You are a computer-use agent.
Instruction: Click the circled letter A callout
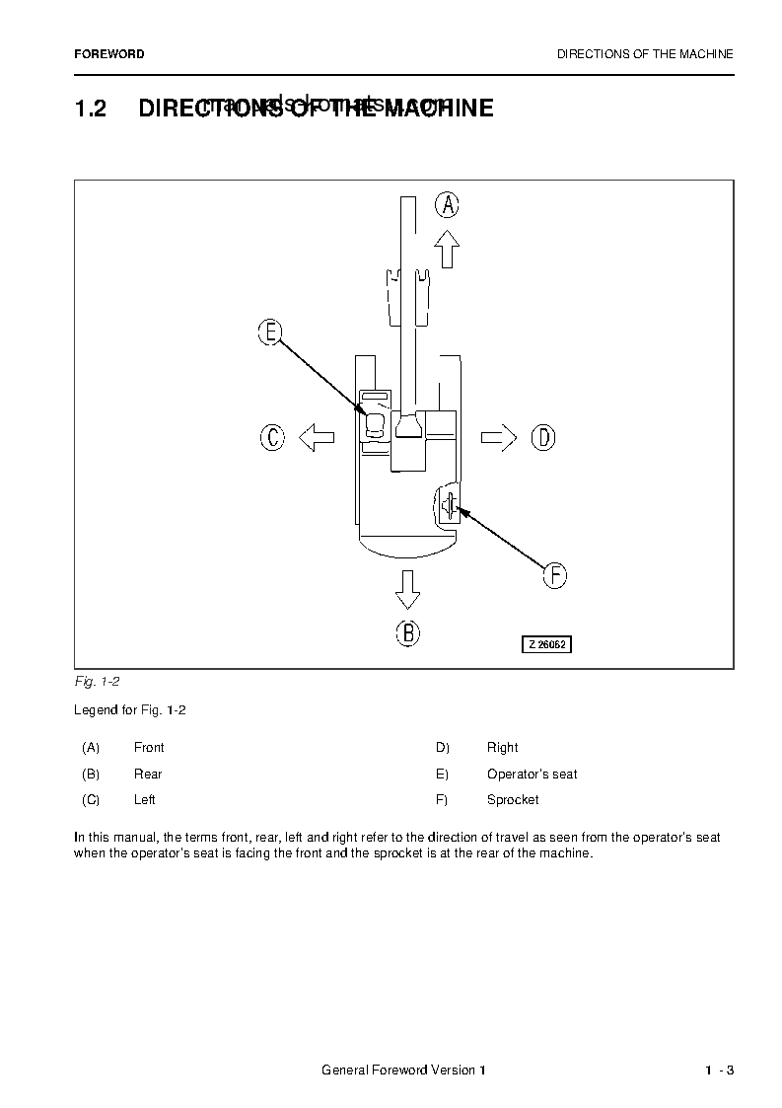(448, 204)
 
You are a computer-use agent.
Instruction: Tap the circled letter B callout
(408, 632)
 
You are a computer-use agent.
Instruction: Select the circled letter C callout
(272, 436)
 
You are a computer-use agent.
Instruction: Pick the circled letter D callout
(543, 436)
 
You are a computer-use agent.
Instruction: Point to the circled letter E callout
(270, 332)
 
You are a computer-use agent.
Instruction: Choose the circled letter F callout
(555, 575)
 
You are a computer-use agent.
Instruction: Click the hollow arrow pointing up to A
(448, 249)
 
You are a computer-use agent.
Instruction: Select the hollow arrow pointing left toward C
(317, 436)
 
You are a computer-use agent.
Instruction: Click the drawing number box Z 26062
(546, 644)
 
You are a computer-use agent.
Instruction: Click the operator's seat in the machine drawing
(375, 424)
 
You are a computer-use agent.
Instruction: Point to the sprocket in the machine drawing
(449, 506)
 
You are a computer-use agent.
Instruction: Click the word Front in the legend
(149, 748)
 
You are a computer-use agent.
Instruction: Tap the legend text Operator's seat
(532, 775)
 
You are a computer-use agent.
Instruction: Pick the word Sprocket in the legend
(513, 800)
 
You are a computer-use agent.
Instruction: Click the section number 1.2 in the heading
(91, 109)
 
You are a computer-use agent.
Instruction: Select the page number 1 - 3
(719, 1071)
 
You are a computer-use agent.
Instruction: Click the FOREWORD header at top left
(109, 54)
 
